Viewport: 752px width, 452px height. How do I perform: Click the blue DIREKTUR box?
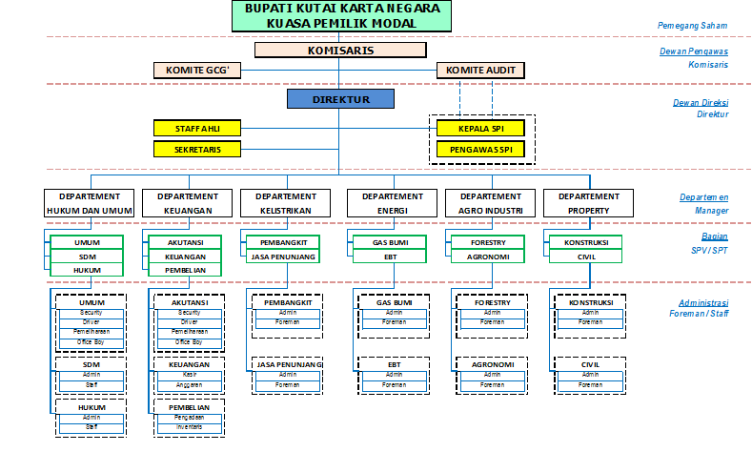click(x=340, y=99)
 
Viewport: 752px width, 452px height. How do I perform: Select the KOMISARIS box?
click(x=340, y=51)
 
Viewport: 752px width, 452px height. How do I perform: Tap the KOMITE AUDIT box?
click(x=480, y=70)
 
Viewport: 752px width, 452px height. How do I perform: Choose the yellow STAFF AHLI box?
click(x=197, y=128)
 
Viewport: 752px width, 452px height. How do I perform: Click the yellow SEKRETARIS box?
click(x=197, y=149)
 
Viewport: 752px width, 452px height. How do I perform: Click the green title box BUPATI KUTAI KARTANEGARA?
click(x=341, y=14)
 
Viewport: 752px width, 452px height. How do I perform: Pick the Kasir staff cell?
click(x=189, y=375)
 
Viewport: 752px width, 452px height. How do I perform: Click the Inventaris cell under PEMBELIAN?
click(x=189, y=425)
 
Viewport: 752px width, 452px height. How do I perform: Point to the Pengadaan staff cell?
click(x=189, y=417)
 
